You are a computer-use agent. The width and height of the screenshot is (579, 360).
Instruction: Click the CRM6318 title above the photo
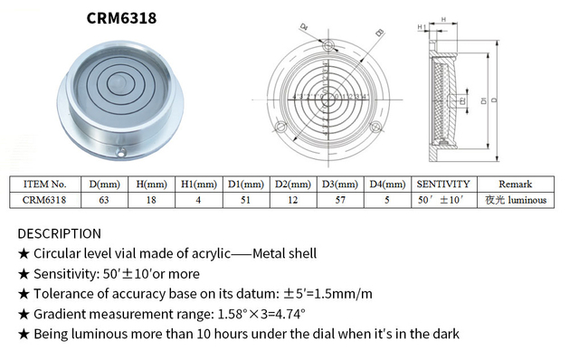pos(125,17)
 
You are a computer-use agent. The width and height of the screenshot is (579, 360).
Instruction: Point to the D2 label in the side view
pos(462,101)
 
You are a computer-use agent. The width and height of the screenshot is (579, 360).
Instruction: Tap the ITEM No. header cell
pos(44,184)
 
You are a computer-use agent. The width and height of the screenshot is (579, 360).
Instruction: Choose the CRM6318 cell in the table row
pos(44,200)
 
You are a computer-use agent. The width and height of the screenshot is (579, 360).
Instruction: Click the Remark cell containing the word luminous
pos(515,200)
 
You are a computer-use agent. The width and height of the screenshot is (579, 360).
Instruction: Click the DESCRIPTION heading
pos(60,233)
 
